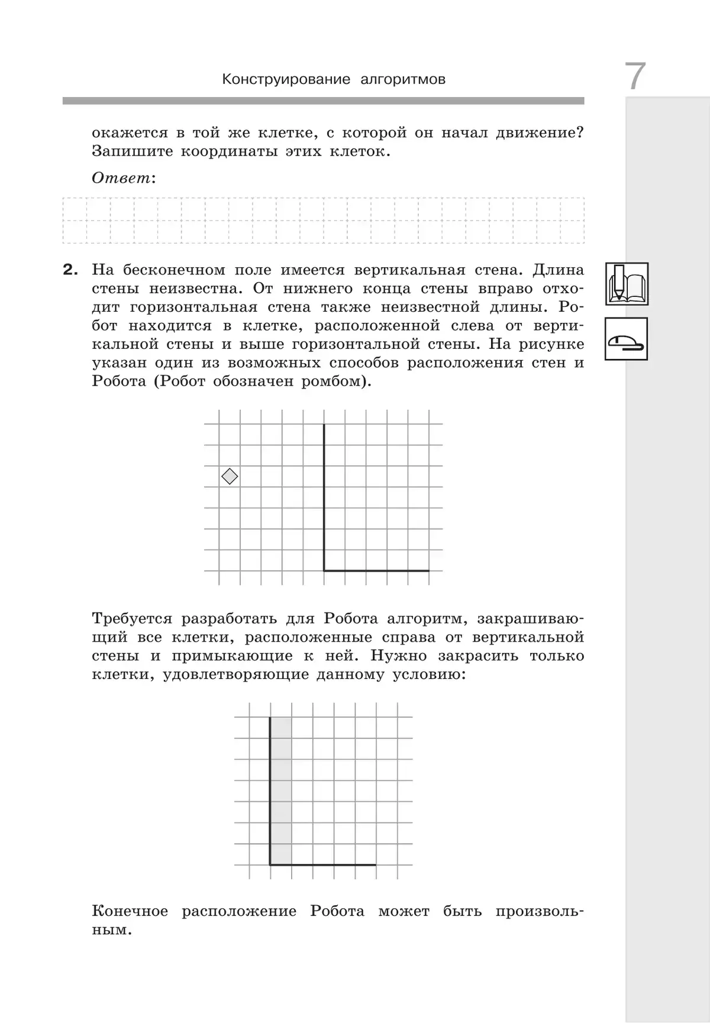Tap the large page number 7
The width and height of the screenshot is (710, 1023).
(635, 77)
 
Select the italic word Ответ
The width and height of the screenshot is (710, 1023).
(121, 178)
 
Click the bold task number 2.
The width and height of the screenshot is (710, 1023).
(70, 270)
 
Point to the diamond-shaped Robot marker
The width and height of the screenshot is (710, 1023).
(230, 476)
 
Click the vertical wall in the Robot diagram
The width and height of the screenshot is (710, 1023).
(324, 497)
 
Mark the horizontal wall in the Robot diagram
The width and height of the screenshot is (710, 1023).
(376, 571)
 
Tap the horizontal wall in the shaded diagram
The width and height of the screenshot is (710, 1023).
(323, 865)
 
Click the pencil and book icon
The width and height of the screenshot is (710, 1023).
(627, 284)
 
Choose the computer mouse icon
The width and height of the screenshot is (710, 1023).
(626, 339)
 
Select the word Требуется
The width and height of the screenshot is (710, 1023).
(132, 619)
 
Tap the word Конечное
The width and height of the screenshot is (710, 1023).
(130, 911)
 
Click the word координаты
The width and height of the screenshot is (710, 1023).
(228, 151)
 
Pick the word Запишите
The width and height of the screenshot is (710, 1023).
(132, 151)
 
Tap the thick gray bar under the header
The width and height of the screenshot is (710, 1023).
(323, 101)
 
